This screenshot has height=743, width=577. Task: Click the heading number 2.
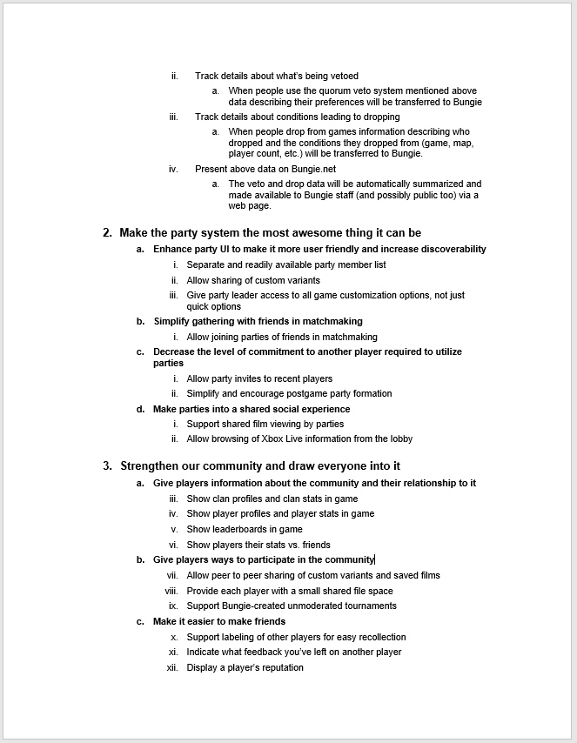click(107, 233)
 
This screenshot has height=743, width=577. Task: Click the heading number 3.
click(107, 466)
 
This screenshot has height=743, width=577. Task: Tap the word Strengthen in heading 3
click(151, 466)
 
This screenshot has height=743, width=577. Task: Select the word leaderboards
click(244, 529)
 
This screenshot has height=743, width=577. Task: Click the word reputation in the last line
click(277, 667)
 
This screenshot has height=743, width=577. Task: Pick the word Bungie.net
click(288, 169)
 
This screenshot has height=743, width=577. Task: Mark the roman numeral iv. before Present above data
click(173, 169)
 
